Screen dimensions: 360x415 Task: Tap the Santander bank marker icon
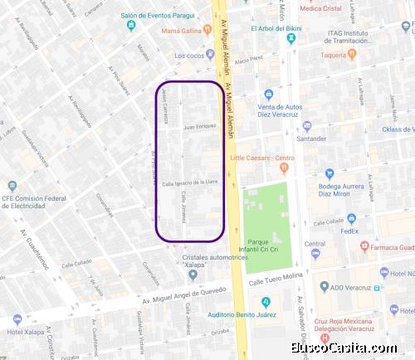(x=307, y=127)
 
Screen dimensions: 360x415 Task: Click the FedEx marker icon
(x=351, y=218)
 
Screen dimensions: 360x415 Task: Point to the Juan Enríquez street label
(x=200, y=127)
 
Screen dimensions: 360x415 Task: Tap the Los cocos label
(x=188, y=56)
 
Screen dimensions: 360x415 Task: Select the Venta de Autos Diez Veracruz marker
(x=268, y=94)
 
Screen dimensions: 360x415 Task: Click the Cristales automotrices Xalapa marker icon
(x=193, y=274)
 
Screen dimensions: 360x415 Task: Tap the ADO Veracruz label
(x=347, y=288)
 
